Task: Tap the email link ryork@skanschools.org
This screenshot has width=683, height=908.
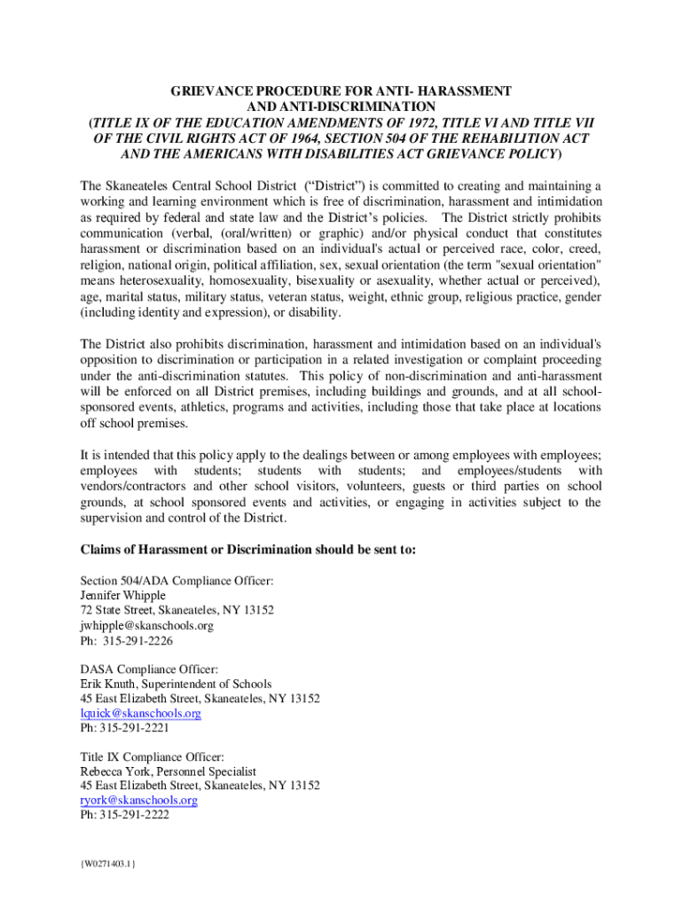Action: [x=139, y=800]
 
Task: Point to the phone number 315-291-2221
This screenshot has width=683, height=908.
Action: [x=134, y=728]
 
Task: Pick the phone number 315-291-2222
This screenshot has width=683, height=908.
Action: [x=134, y=815]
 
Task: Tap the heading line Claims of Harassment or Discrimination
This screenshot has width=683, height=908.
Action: [x=247, y=550]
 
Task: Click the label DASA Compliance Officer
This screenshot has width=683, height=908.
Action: [x=149, y=669]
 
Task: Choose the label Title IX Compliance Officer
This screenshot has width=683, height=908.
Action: [x=153, y=756]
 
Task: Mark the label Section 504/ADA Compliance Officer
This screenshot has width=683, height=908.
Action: [x=177, y=582]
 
